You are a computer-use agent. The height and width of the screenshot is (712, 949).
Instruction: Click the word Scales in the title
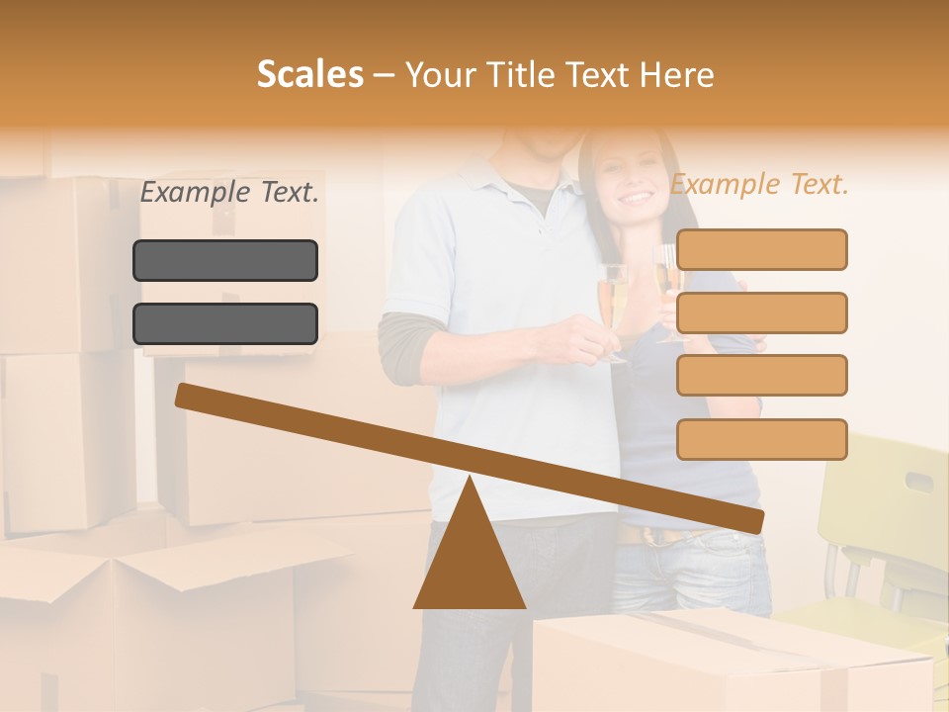tap(309, 74)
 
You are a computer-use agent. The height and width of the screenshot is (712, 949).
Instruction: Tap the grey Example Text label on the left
tap(229, 193)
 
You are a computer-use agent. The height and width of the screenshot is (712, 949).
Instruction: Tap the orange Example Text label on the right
tap(759, 185)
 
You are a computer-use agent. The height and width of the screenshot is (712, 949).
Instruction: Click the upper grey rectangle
tap(225, 260)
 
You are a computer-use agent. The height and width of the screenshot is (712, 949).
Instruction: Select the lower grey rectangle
tap(225, 323)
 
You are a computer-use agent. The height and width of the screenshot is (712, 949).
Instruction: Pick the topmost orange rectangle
tap(761, 249)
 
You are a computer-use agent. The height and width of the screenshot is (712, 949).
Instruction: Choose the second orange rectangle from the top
tap(761, 312)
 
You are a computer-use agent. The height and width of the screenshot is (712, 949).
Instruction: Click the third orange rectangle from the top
tap(761, 375)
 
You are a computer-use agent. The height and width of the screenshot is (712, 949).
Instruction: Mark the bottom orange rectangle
tap(761, 439)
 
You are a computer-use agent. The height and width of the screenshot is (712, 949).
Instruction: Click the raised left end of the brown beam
tap(188, 396)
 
